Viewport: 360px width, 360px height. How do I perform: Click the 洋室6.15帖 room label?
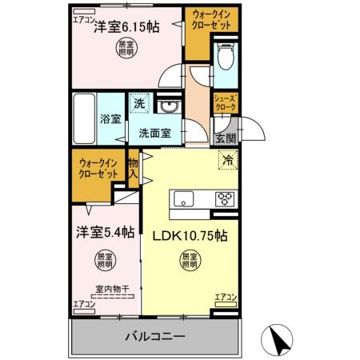click(x=126, y=27)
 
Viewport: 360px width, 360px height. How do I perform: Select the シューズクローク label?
click(x=224, y=102)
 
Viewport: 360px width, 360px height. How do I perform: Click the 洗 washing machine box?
click(x=139, y=103)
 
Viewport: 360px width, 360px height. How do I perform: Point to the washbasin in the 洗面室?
click(x=168, y=108)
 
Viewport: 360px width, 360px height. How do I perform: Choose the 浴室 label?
click(x=110, y=120)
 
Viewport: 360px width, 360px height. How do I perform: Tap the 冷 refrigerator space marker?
click(x=227, y=160)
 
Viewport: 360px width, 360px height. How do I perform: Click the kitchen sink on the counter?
click(x=182, y=200)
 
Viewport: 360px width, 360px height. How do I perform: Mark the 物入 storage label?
click(x=134, y=168)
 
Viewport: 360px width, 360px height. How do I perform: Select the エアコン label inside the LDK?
click(x=226, y=298)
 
